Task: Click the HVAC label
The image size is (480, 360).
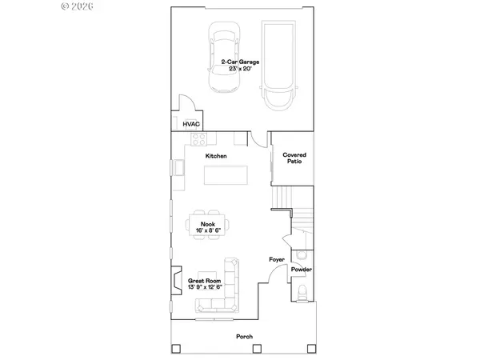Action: pyautogui.click(x=191, y=124)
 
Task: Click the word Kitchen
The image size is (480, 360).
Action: pyautogui.click(x=216, y=155)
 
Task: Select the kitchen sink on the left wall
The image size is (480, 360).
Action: pyautogui.click(x=178, y=169)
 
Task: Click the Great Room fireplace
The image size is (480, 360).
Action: pyautogui.click(x=175, y=281)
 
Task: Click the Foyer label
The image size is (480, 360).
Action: pyautogui.click(x=277, y=260)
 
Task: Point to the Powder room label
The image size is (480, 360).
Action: pyautogui.click(x=301, y=270)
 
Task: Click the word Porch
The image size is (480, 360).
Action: pyautogui.click(x=244, y=337)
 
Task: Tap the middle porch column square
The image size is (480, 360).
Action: pyautogui.click(x=245, y=350)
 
